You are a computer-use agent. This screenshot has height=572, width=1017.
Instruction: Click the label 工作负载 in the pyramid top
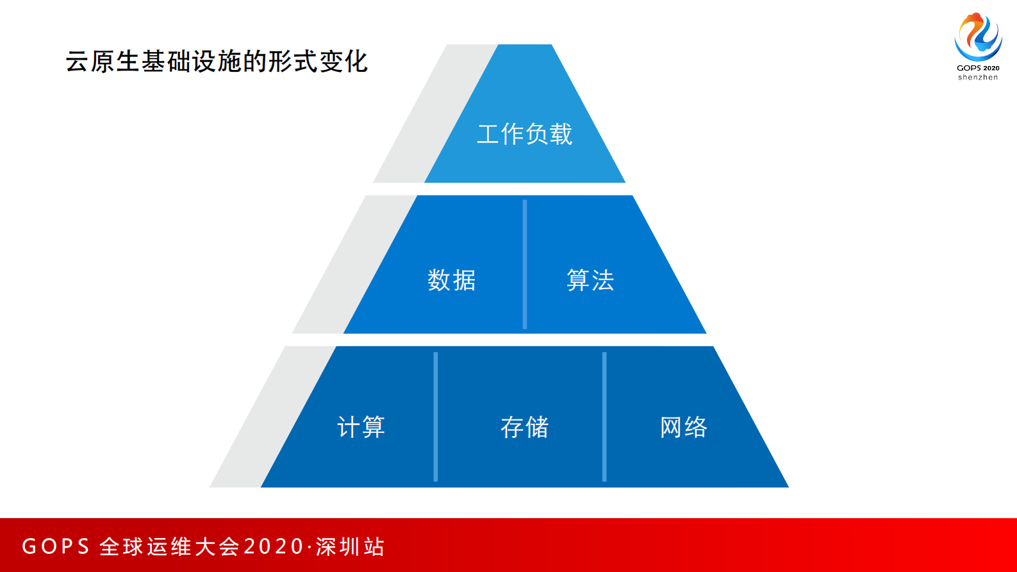tap(524, 134)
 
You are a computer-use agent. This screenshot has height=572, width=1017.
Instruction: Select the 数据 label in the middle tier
tap(452, 280)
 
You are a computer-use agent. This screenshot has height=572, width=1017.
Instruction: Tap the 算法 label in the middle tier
tap(590, 280)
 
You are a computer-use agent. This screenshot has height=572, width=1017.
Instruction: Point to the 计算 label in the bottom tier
tap(361, 427)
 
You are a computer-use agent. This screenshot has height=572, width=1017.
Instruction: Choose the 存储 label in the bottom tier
tap(524, 427)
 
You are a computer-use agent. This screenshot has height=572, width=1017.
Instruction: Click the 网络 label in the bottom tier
tap(684, 427)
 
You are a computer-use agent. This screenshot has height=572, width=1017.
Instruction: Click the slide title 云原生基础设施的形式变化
tap(217, 62)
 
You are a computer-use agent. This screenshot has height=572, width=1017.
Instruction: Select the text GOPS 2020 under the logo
tap(978, 68)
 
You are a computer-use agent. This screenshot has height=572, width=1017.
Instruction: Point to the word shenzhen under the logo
tap(978, 78)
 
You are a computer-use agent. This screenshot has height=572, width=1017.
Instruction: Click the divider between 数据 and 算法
tap(525, 264)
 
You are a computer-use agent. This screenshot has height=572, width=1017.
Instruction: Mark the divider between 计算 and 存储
tap(436, 417)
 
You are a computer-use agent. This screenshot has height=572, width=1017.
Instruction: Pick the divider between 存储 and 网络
tap(604, 417)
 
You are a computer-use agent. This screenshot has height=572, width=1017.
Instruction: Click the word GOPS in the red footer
tap(56, 546)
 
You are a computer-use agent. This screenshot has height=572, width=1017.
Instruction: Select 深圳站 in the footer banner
tap(350, 546)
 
